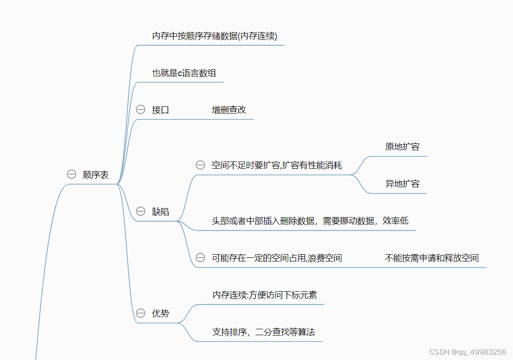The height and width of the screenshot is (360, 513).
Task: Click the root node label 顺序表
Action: coord(96,175)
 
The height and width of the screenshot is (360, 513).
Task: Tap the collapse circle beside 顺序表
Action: coord(71,175)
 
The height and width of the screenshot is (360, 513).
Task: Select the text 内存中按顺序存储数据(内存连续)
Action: coord(214,36)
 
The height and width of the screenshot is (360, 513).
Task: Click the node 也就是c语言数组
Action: coord(184,73)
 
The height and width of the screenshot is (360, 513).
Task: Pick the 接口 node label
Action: coord(160,110)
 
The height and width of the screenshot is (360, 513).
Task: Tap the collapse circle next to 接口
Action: coord(141,109)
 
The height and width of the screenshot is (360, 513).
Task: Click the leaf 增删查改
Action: coord(229,110)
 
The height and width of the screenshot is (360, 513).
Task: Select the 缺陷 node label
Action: coord(160,212)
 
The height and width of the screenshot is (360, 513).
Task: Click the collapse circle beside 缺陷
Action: coord(141,211)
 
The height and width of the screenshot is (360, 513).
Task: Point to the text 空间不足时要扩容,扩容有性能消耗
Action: coord(277,166)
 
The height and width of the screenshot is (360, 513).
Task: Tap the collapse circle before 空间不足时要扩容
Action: coord(200,165)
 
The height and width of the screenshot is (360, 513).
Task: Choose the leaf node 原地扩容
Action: coord(402,147)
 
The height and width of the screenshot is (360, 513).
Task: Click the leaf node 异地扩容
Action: coord(402,184)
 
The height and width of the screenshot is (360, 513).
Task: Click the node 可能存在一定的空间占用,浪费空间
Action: coord(277,258)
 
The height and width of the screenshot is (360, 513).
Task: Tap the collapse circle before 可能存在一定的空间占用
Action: coord(200,258)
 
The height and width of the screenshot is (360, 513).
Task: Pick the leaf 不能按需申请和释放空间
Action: coord(431,258)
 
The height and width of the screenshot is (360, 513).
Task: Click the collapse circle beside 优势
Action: coord(141,313)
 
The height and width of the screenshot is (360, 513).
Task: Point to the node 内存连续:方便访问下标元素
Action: coord(264,295)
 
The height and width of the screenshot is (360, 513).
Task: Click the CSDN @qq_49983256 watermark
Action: coord(467,352)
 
